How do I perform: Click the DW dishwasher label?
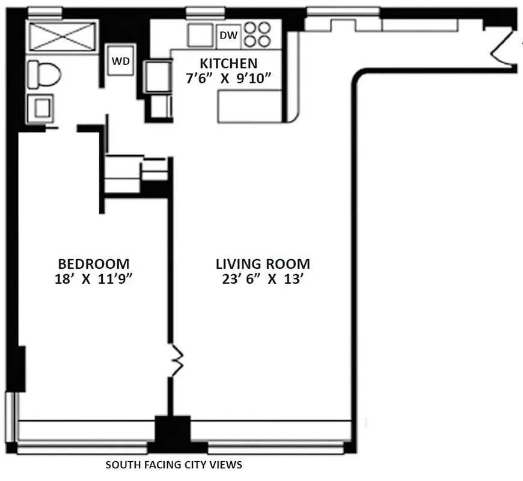pos(228,35)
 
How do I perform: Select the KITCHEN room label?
pos(228,63)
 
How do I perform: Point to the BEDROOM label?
pos(94,263)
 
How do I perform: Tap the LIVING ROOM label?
pos(263,263)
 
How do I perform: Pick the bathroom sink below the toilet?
pos(41,109)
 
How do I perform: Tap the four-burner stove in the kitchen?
pos(256,35)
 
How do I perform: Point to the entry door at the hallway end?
pos(504,51)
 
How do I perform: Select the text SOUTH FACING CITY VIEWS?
pos(174,465)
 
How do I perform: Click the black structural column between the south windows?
pos(173,432)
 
